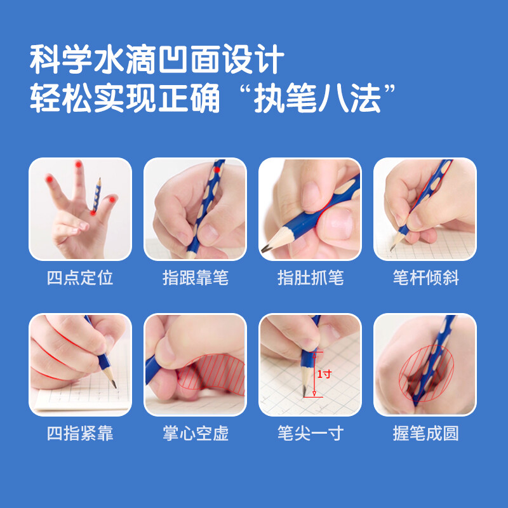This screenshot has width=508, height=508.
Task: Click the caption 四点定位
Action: pyautogui.click(x=80, y=277)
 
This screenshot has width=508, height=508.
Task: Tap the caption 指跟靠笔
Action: pyautogui.click(x=196, y=277)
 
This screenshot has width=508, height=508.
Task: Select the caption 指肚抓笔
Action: pyautogui.click(x=311, y=277)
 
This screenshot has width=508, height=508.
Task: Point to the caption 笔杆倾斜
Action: pyautogui.click(x=425, y=277)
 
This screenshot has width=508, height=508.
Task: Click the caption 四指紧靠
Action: pyautogui.click(x=80, y=433)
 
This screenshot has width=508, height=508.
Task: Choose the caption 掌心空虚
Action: pyautogui.click(x=196, y=433)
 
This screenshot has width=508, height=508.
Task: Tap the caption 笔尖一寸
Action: pyautogui.click(x=311, y=433)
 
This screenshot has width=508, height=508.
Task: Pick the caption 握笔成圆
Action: pyautogui.click(x=425, y=433)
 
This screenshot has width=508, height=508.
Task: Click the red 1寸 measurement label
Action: pyautogui.click(x=324, y=374)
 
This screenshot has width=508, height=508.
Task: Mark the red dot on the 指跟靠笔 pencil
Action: pyautogui.click(x=217, y=170)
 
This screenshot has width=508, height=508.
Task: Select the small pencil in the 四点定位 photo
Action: pyautogui.click(x=97, y=195)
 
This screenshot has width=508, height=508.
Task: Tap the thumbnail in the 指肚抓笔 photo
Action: pyautogui.click(x=337, y=224)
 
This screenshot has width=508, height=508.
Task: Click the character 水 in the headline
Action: pyautogui.click(x=109, y=59)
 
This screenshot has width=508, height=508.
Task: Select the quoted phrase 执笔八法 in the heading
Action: pyautogui.click(x=317, y=98)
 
